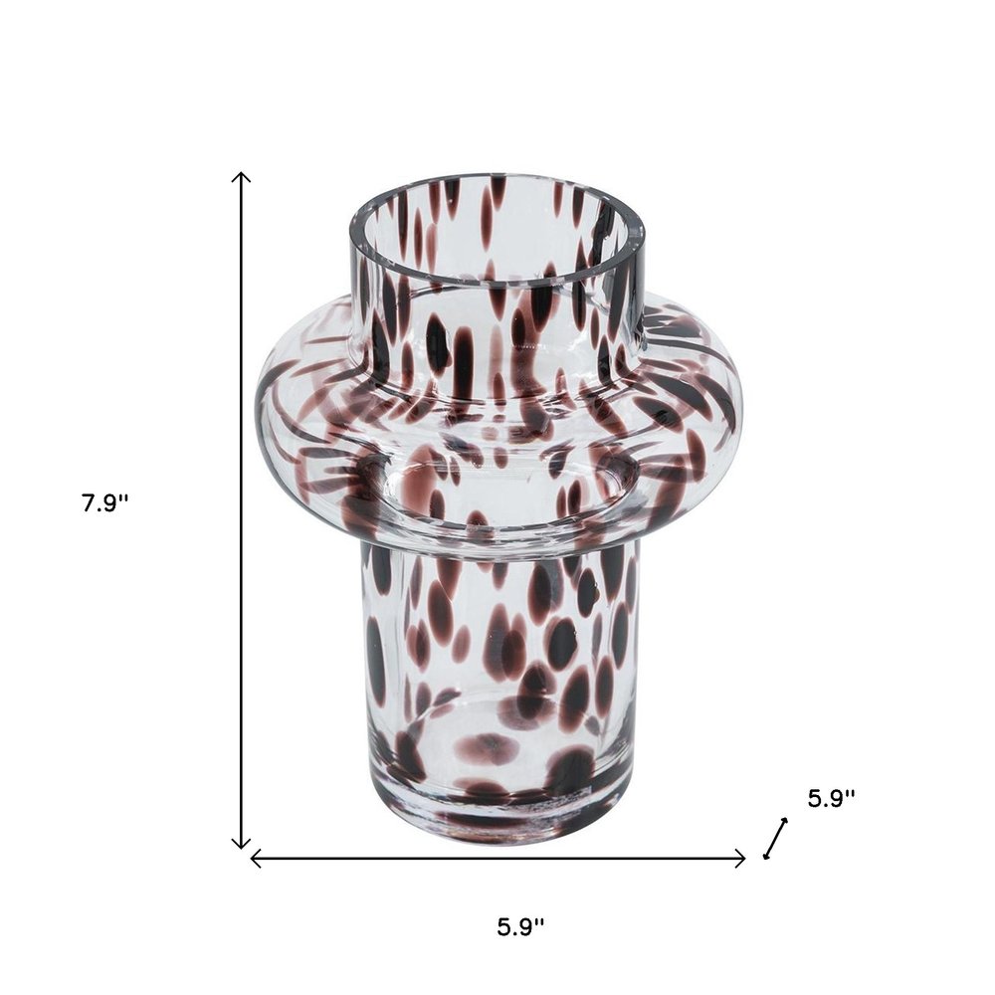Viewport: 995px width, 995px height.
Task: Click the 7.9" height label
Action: (106, 503)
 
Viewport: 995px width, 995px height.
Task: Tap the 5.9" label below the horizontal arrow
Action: (521, 927)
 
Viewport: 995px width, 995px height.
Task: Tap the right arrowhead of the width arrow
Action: (744, 859)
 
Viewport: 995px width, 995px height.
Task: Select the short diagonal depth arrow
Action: (775, 838)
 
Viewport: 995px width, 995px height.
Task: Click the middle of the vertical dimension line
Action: (241, 509)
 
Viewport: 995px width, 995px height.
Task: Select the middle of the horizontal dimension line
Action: (497, 859)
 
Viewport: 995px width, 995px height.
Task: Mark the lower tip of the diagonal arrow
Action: (765, 856)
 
